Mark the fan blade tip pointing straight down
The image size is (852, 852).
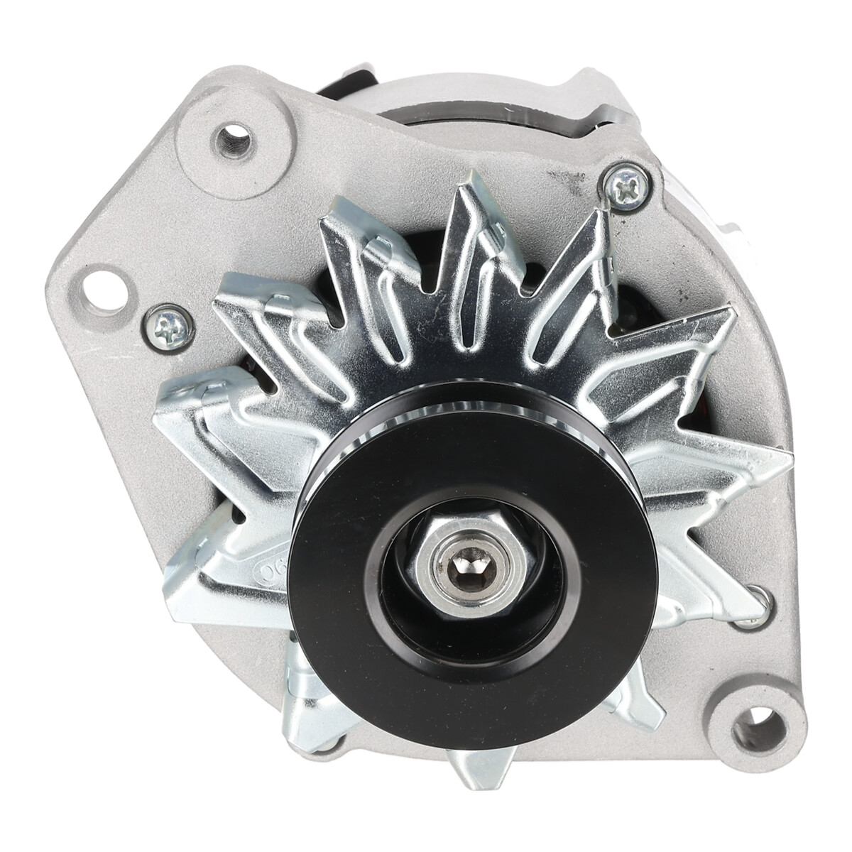[474, 763]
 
